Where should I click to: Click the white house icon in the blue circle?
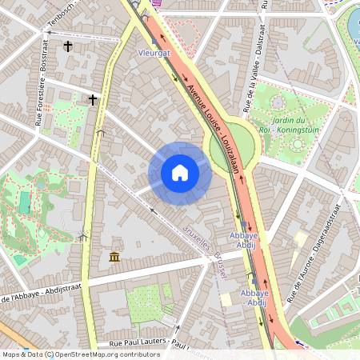pyautogui.click(x=180, y=173)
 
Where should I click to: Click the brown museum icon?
pyautogui.click(x=114, y=257)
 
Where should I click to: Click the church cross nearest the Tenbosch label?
pyautogui.click(x=69, y=46)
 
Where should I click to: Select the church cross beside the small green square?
pyautogui.click(x=94, y=100)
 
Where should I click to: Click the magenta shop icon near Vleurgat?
pyautogui.click(x=156, y=3)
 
